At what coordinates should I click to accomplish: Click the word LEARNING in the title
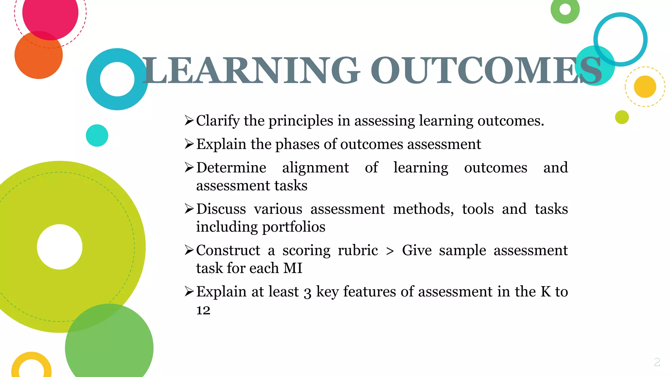coord(251,70)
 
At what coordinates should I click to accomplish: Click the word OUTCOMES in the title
coord(485,70)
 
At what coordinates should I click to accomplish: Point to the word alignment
coord(315,168)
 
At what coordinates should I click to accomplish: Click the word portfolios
coord(293,227)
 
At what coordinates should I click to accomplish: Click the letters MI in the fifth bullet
coord(293,268)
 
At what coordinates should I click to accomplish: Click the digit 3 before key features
coord(307,292)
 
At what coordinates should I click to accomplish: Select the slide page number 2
coord(657,362)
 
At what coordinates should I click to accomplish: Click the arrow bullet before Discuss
coord(189,208)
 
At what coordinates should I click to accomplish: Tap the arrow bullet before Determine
coord(189,167)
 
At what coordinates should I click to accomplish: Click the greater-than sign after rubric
coord(390,251)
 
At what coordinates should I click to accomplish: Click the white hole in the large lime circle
coord(60,247)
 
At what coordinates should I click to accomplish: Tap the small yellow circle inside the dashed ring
coord(645,87)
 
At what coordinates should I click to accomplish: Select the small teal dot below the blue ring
coord(97,135)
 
